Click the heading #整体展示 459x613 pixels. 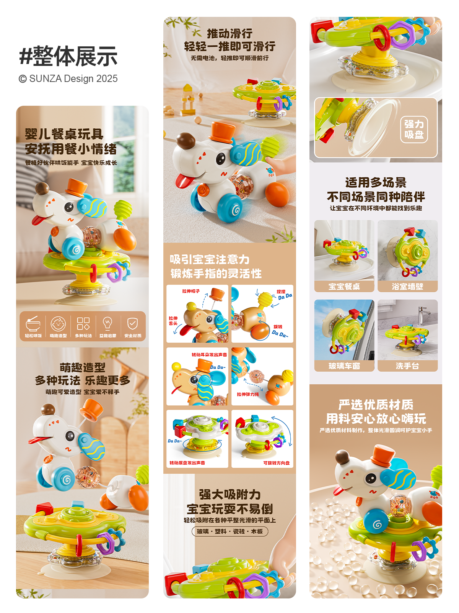pyautogui.click(x=68, y=56)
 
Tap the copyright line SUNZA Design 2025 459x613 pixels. pyautogui.click(x=68, y=79)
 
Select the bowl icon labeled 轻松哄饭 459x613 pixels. pyautogui.click(x=33, y=324)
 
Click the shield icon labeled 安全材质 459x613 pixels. pyautogui.click(x=132, y=323)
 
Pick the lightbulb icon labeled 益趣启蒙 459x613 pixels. pyautogui.click(x=107, y=323)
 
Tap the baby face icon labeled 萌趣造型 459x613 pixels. pyautogui.click(x=58, y=324)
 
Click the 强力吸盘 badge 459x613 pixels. pyautogui.click(x=414, y=129)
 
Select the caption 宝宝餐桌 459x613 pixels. pyautogui.click(x=344, y=287)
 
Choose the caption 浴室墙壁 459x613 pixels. pyautogui.click(x=407, y=287)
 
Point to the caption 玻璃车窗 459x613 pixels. pyautogui.click(x=344, y=366)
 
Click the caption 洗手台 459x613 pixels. pyautogui.click(x=407, y=366)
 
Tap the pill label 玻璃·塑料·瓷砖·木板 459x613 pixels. pyautogui.click(x=229, y=531)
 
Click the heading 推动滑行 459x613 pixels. pyautogui.click(x=229, y=34)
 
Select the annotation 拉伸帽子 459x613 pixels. pyautogui.click(x=191, y=291)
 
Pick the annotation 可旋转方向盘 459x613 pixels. pyautogui.click(x=276, y=463)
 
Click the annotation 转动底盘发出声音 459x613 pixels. pyautogui.click(x=187, y=463)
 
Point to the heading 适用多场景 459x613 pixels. pyautogui.click(x=376, y=182)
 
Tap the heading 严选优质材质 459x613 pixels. pyautogui.click(x=376, y=405)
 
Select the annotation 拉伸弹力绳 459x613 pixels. pyautogui.click(x=248, y=394)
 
